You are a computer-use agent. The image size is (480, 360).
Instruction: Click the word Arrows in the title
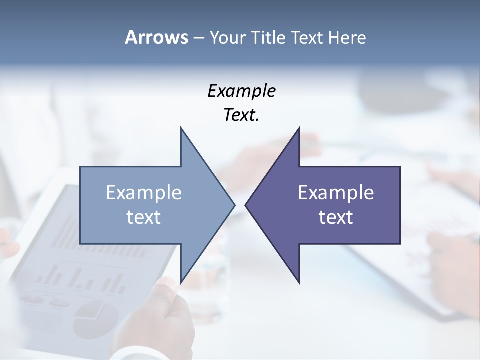coord(156,37)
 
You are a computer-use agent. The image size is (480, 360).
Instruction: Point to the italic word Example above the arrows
coord(241,91)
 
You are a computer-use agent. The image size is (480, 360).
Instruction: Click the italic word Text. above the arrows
coord(241,115)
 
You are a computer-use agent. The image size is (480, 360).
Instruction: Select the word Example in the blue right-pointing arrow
coord(144,193)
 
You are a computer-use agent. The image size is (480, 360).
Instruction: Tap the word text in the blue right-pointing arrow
coord(144,217)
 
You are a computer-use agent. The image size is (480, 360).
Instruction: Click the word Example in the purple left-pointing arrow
coord(336,193)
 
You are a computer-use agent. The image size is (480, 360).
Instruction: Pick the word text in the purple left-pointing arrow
coord(336,217)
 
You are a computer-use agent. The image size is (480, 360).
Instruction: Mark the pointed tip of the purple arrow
coord(246,204)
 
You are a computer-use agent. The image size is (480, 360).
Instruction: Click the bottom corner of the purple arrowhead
coord(299,282)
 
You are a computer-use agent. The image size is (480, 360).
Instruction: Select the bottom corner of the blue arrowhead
coord(181,282)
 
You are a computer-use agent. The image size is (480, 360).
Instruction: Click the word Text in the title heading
coord(307,38)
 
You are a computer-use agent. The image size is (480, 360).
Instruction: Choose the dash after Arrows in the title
coord(198,38)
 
